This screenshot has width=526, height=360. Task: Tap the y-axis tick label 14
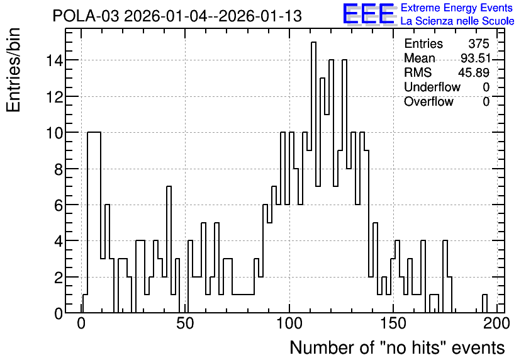55,60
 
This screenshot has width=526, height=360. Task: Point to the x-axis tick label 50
185,324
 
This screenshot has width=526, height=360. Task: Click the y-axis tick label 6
59,205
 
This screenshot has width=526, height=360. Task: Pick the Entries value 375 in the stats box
479,43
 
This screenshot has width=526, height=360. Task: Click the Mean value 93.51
475,58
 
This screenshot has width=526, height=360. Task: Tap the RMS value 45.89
474,72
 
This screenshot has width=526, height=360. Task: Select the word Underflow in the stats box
432,87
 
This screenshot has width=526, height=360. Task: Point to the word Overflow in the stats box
428,101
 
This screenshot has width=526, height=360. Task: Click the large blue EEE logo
369,14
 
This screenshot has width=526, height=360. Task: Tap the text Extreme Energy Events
457,8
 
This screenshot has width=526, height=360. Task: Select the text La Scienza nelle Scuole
457,21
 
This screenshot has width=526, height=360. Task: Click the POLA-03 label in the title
86,16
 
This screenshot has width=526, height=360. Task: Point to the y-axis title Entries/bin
14,70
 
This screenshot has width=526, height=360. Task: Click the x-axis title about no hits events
397,347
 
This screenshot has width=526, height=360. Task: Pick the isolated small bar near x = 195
484,304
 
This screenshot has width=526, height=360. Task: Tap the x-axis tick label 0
81,324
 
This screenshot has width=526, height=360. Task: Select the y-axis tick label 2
59,278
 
